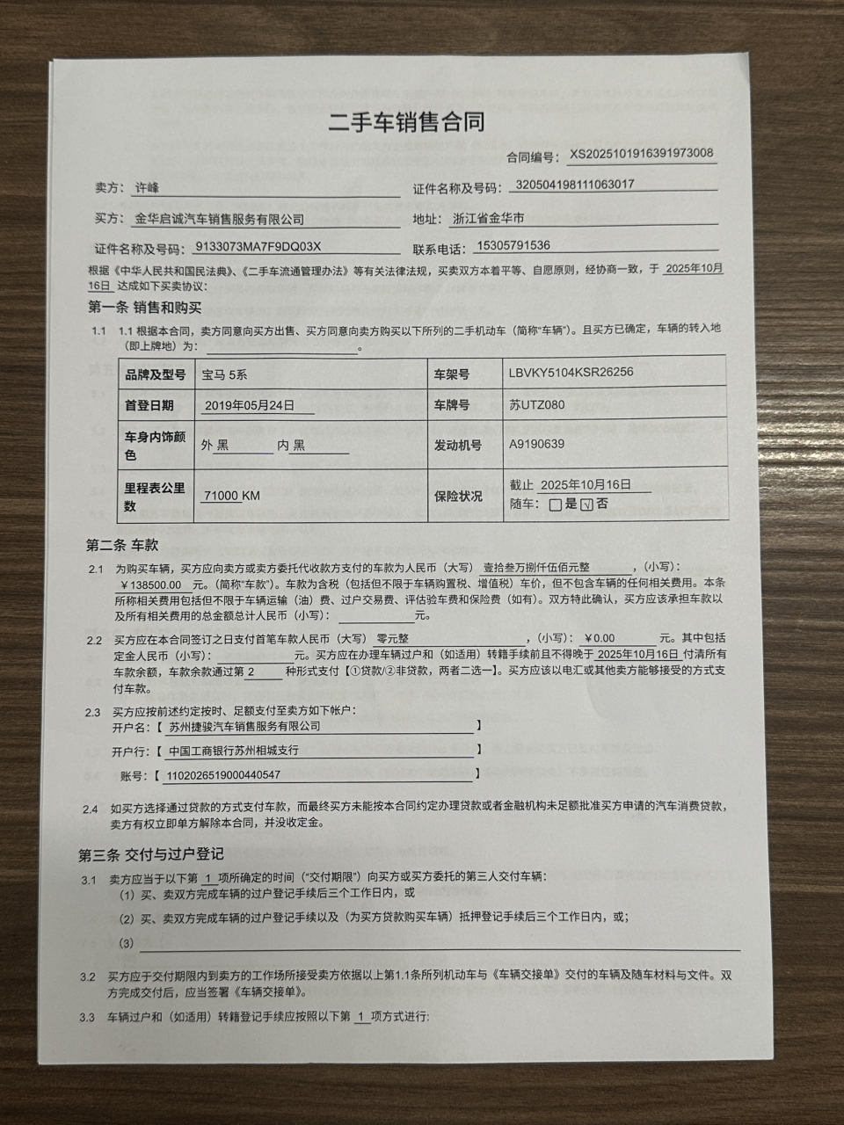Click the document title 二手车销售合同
[x=406, y=121]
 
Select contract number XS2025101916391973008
[x=641, y=154]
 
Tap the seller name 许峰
[x=147, y=188]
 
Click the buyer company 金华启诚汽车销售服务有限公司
[x=219, y=219]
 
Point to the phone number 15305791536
[x=513, y=246]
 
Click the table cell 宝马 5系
[x=224, y=374]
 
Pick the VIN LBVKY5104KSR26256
[x=571, y=372]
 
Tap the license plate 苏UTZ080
[x=536, y=405]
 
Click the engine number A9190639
[x=536, y=444]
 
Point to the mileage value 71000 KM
[x=231, y=496]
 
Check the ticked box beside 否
[x=587, y=504]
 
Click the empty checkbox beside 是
[x=555, y=505]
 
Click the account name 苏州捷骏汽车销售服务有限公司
[x=244, y=727]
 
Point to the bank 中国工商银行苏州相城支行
[x=233, y=751]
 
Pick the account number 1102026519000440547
[x=224, y=775]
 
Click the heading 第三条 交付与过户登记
[x=151, y=853]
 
